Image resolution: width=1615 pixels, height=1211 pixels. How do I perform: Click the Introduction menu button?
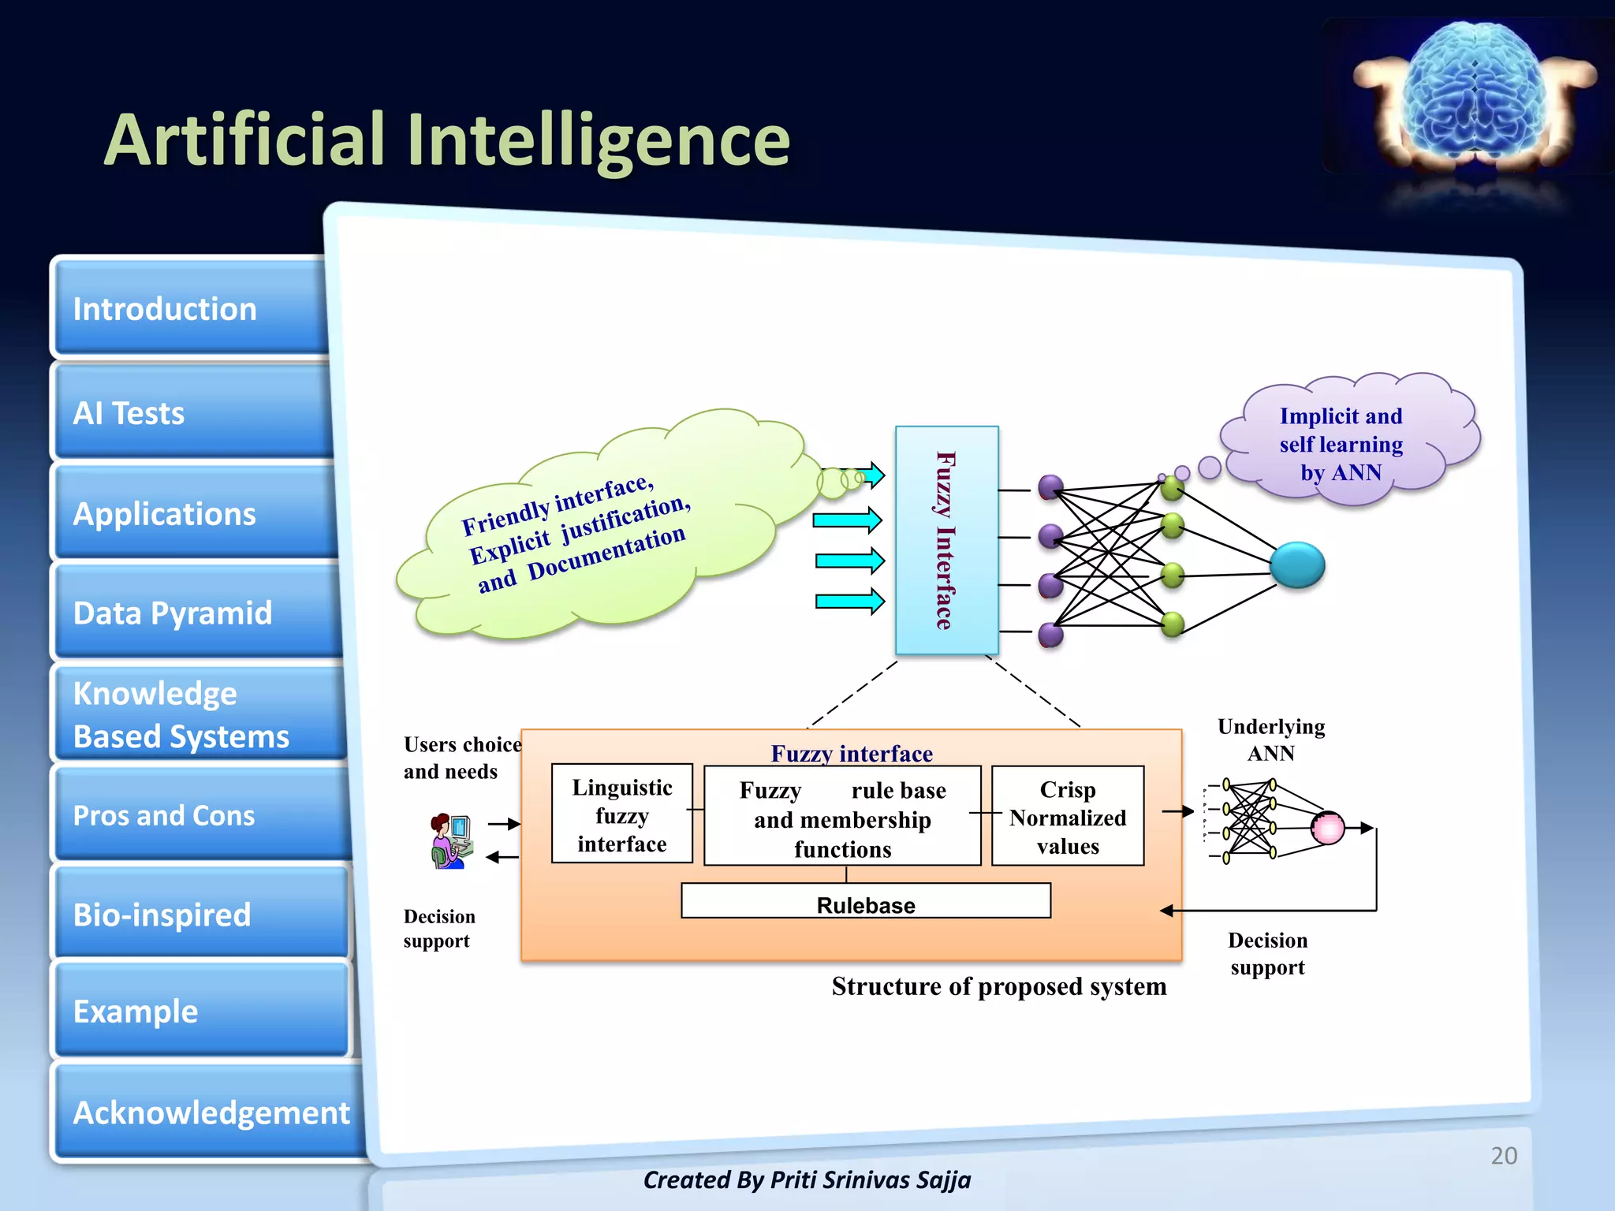189,308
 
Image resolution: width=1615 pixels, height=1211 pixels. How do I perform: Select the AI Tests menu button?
189,412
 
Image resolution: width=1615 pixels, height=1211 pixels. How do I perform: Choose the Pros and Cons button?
197,814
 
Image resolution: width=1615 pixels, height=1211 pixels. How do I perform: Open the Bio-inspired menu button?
197,915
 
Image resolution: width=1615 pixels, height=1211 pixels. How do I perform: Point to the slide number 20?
1503,1155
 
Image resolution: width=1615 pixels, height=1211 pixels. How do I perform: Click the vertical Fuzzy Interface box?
946,541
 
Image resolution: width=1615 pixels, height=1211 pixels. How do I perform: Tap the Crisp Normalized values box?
1067,817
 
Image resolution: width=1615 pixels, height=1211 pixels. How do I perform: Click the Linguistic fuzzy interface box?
621,814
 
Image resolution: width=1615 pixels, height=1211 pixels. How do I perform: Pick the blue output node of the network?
1296,565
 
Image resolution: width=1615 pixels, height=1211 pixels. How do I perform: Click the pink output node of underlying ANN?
1327,828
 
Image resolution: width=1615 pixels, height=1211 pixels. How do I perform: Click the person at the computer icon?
451,840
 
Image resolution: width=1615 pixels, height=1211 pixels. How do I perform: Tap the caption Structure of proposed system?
998,986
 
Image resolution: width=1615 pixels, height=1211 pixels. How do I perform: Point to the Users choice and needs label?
462,758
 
